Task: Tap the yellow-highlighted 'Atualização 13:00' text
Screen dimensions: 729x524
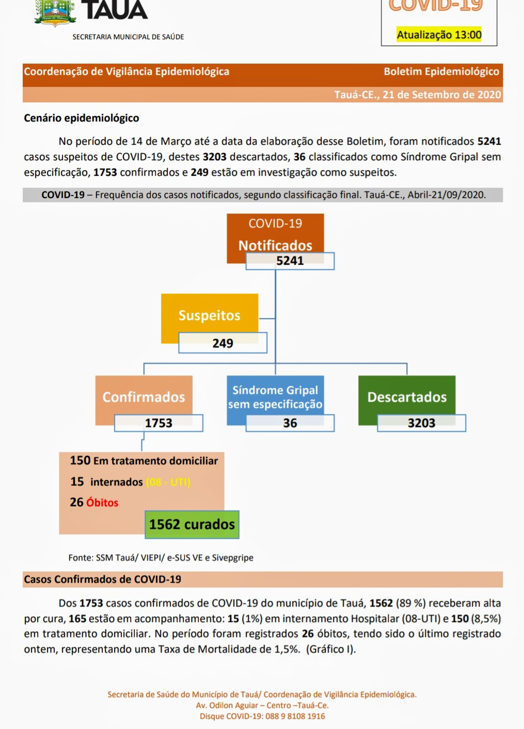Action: pyautogui.click(x=439, y=35)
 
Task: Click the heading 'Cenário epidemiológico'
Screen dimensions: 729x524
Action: pyautogui.click(x=82, y=118)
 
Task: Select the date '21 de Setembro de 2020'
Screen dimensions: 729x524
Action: pyautogui.click(x=442, y=95)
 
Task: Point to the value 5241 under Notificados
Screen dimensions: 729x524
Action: pyautogui.click(x=290, y=261)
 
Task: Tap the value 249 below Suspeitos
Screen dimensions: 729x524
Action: pyautogui.click(x=223, y=343)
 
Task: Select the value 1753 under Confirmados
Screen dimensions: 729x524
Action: pyautogui.click(x=158, y=423)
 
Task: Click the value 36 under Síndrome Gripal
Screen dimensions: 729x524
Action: pyautogui.click(x=290, y=423)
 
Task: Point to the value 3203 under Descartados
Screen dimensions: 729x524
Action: pyautogui.click(x=421, y=423)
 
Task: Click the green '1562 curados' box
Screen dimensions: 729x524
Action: pyautogui.click(x=192, y=524)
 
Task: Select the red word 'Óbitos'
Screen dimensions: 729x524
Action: pyautogui.click(x=102, y=503)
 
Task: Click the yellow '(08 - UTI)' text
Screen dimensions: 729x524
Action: pyautogui.click(x=168, y=482)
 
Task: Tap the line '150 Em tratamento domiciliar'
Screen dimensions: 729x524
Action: pyautogui.click(x=144, y=461)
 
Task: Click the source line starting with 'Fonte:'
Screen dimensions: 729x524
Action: pyautogui.click(x=161, y=557)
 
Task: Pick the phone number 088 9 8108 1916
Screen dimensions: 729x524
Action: pyautogui.click(x=295, y=716)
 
